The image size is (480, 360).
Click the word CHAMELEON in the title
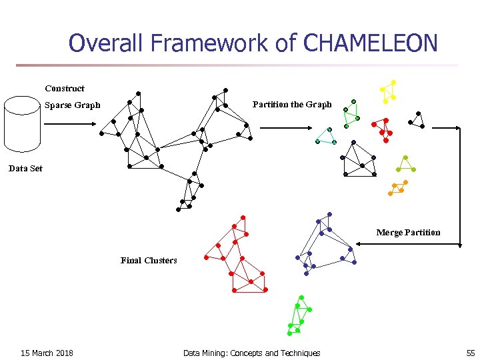[x=370, y=43]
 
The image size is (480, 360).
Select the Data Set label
[x=25, y=169]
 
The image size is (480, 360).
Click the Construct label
[x=65, y=89]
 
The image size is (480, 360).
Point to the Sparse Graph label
[x=72, y=105]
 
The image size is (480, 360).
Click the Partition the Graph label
[x=291, y=105]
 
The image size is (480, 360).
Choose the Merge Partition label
[x=408, y=233]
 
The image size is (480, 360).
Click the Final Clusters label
[x=149, y=261]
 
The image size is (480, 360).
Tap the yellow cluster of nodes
[x=387, y=91]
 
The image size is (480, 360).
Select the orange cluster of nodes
[x=398, y=188]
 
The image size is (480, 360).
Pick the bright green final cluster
[x=299, y=315]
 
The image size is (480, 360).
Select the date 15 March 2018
[x=47, y=353]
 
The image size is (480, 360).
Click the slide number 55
[x=470, y=353]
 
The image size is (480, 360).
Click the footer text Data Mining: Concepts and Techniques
[x=251, y=353]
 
